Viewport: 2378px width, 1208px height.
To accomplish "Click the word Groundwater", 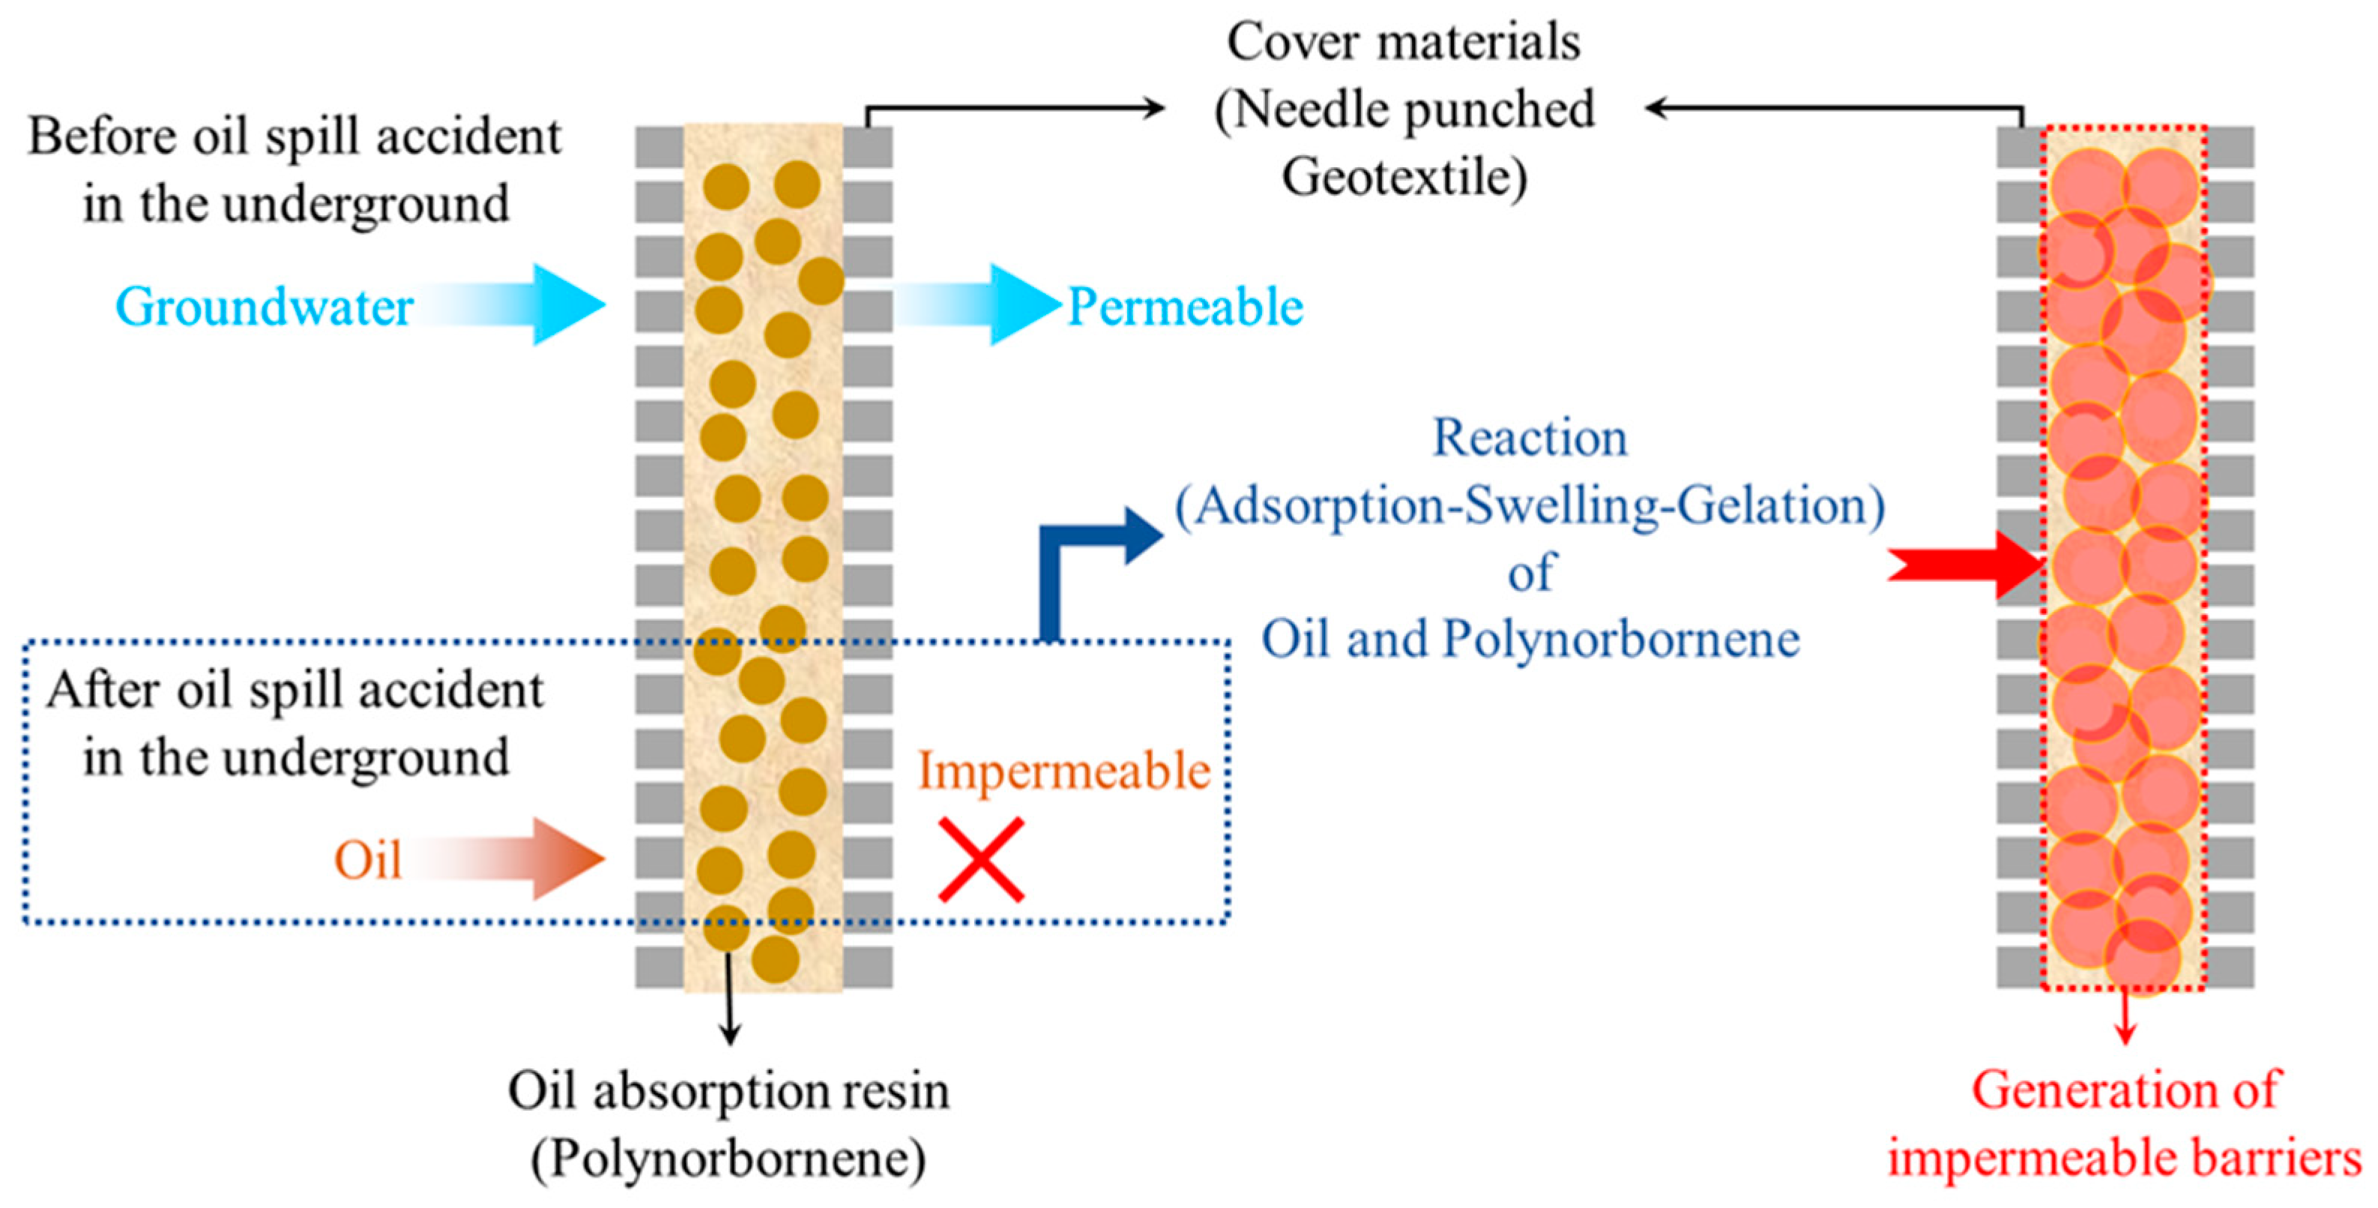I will pos(264,307).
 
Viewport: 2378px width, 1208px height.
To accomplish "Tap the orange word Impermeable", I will pos(1063,771).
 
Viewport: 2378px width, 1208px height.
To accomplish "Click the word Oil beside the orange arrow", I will pos(367,862).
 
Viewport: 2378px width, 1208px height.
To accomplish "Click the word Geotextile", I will pos(1403,177).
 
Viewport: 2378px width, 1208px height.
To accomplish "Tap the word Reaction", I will pos(1530,438).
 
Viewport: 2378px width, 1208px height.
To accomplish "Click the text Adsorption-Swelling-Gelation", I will pos(1530,506).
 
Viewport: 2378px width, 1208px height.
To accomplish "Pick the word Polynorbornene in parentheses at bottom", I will pos(728,1158).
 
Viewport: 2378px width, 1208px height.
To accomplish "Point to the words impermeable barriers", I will pos(2123,1158).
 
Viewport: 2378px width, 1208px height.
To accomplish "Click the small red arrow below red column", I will pos(2125,1016).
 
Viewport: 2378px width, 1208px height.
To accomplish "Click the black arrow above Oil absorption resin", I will pos(729,1006).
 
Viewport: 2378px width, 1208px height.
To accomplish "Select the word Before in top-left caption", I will pos(101,136).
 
